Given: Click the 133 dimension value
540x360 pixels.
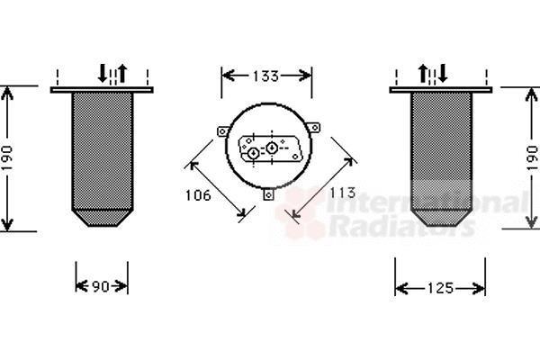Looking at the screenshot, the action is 265,76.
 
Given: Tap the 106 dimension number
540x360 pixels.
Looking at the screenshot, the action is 198,195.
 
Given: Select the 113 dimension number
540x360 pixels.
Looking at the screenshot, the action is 342,193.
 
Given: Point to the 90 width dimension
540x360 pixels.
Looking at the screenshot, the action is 101,286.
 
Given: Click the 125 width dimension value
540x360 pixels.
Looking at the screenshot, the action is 441,288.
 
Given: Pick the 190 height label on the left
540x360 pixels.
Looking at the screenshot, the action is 7,157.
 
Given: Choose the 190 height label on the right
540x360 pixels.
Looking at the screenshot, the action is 533,157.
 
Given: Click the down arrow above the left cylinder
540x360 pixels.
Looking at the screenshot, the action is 103,73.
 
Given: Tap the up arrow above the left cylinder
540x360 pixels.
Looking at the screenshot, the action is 122,73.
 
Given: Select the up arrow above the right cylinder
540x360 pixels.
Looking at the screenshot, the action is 423,73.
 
